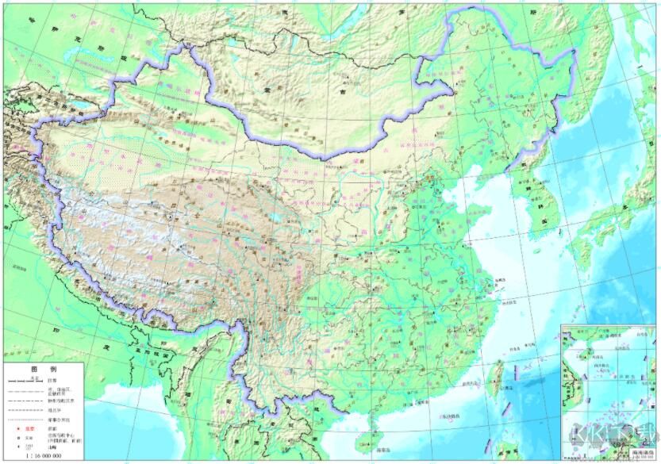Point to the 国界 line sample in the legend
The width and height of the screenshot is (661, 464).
click(25, 381)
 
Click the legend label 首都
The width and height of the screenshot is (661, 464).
click(52, 429)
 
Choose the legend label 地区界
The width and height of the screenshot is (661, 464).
click(54, 409)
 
